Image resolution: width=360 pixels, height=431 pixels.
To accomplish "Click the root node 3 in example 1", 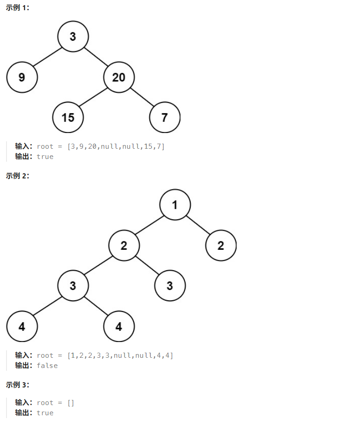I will pyautogui.click(x=73, y=36).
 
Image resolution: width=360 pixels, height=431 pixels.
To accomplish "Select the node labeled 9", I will pyautogui.click(x=22, y=77).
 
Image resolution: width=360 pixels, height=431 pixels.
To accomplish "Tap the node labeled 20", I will pyautogui.click(x=119, y=77).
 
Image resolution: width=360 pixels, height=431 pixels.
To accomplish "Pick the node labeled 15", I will pyautogui.click(x=68, y=117).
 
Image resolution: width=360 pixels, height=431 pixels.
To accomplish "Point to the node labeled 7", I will pyautogui.click(x=165, y=117).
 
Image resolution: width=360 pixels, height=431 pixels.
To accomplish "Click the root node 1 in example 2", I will pyautogui.click(x=175, y=204).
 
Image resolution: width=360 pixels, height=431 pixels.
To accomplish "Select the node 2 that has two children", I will pyautogui.click(x=124, y=245).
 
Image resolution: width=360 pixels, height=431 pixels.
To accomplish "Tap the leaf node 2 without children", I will pyautogui.click(x=221, y=245).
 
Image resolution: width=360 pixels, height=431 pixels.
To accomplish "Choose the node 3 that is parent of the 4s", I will pyautogui.click(x=73, y=285).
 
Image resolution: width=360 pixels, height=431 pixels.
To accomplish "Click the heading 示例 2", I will pyautogui.click(x=17, y=176).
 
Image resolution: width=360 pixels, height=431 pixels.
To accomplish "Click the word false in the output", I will pyautogui.click(x=47, y=365).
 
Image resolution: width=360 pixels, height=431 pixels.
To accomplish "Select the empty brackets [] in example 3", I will pyautogui.click(x=71, y=403).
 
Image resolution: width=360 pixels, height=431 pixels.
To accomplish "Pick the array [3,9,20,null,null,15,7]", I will pyautogui.click(x=116, y=146).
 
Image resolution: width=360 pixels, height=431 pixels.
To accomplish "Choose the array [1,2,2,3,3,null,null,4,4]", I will pyautogui.click(x=120, y=355).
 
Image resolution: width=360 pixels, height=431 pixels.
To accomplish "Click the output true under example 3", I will pyautogui.click(x=45, y=412).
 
